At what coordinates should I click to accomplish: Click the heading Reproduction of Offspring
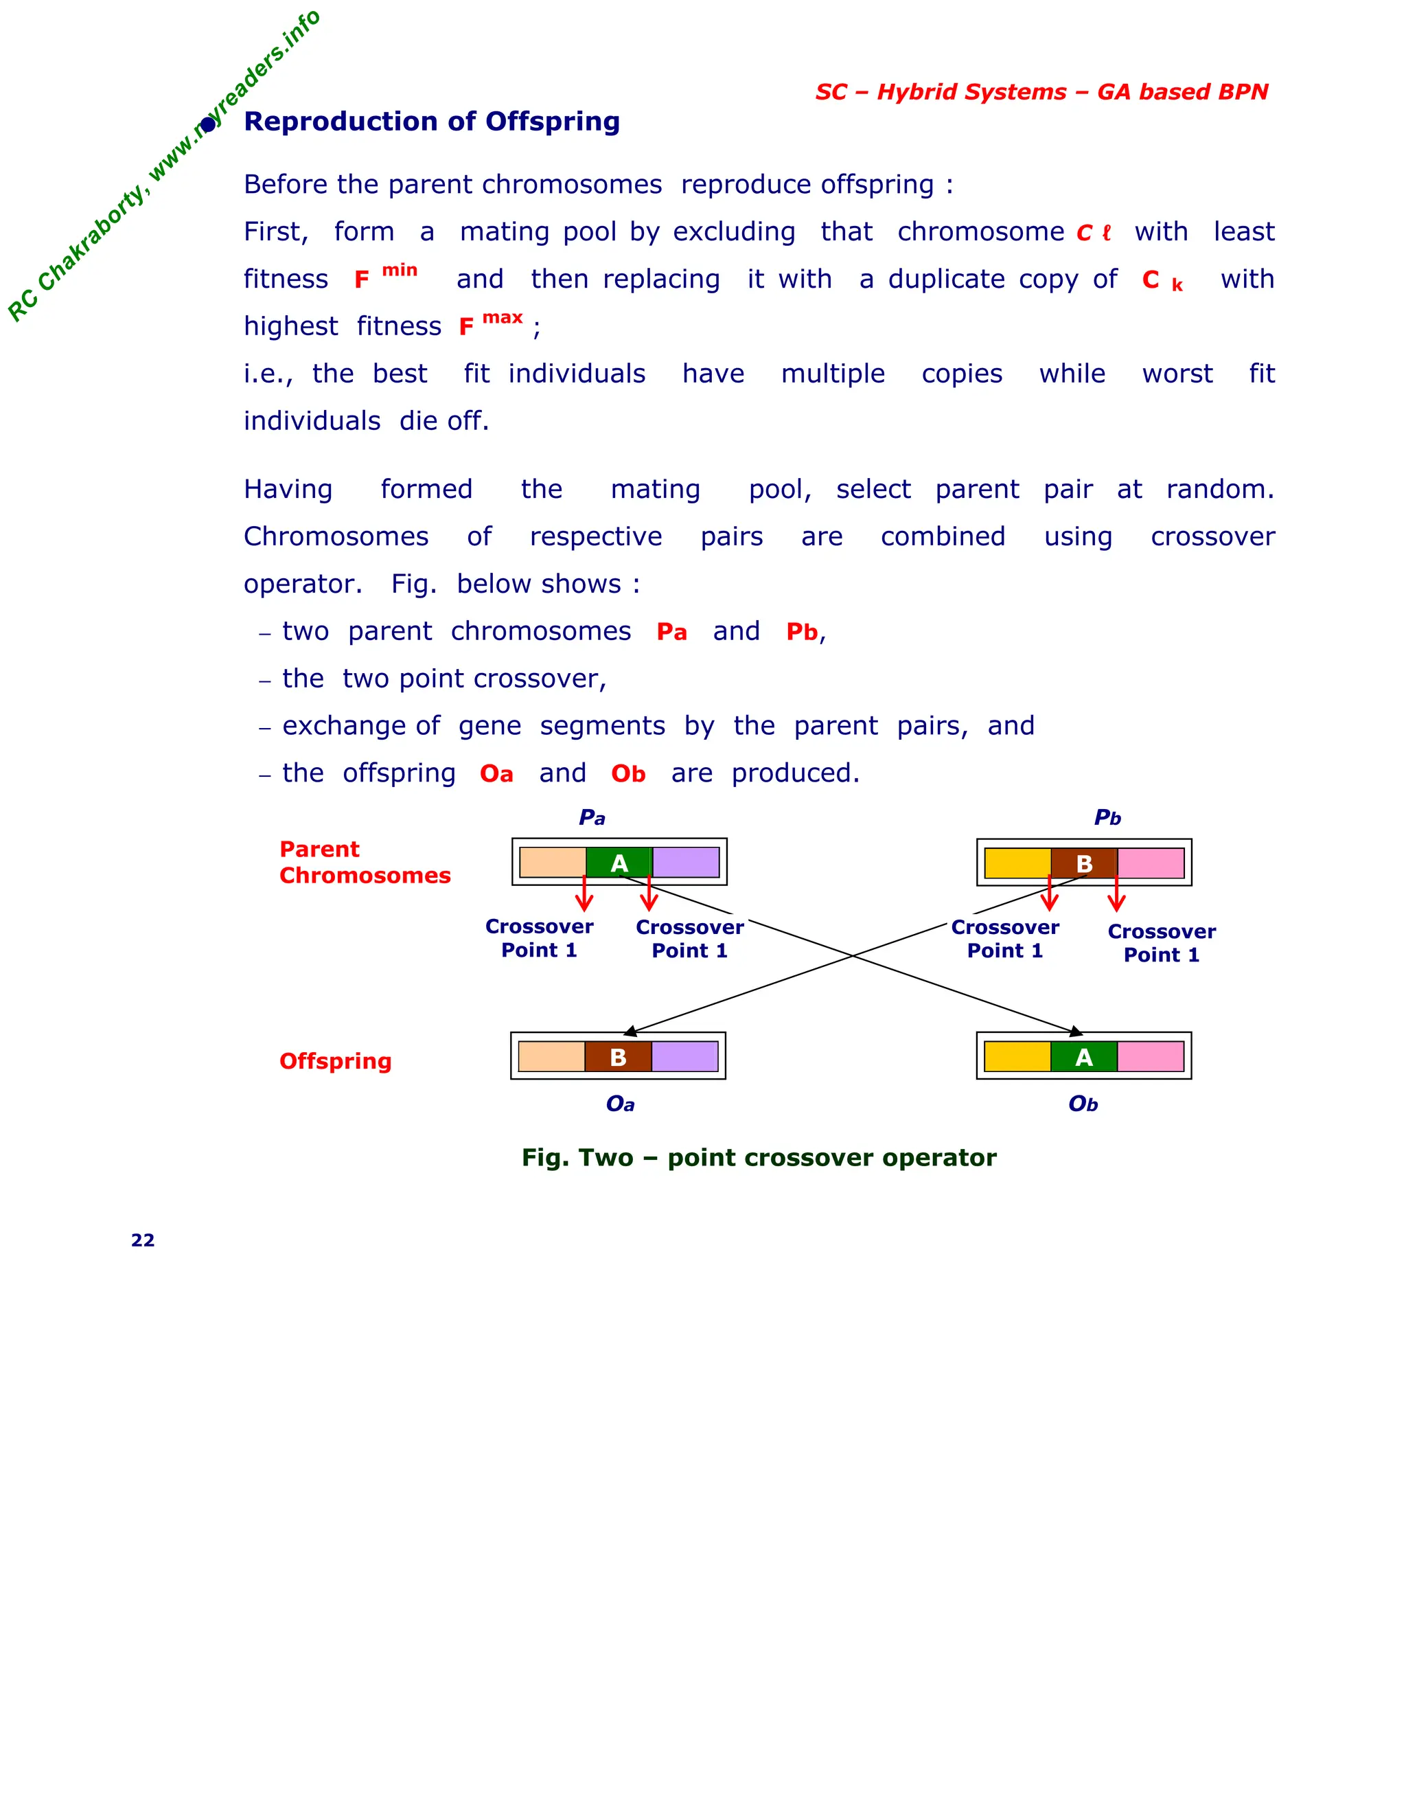[431, 122]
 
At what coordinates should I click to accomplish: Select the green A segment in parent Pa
[619, 863]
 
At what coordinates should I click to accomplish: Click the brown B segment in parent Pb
[1083, 863]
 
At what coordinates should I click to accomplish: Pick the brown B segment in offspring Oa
[618, 1057]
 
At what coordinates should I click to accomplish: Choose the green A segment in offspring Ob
[1083, 1057]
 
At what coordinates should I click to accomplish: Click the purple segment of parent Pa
[686, 863]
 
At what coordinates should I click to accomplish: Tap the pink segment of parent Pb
[1151, 863]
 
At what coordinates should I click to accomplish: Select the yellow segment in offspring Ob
[1017, 1057]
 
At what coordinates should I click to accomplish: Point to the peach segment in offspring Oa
[551, 1057]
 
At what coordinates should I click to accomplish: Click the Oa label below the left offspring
[620, 1104]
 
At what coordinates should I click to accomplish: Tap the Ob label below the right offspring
[1083, 1104]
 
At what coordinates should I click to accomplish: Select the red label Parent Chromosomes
[364, 863]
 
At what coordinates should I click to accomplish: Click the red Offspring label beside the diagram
[335, 1061]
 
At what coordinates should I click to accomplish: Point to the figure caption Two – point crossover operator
[759, 1157]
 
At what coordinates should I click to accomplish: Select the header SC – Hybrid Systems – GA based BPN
[1041, 91]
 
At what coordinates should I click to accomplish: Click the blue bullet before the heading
[208, 125]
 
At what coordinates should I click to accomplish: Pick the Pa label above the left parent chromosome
[592, 817]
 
